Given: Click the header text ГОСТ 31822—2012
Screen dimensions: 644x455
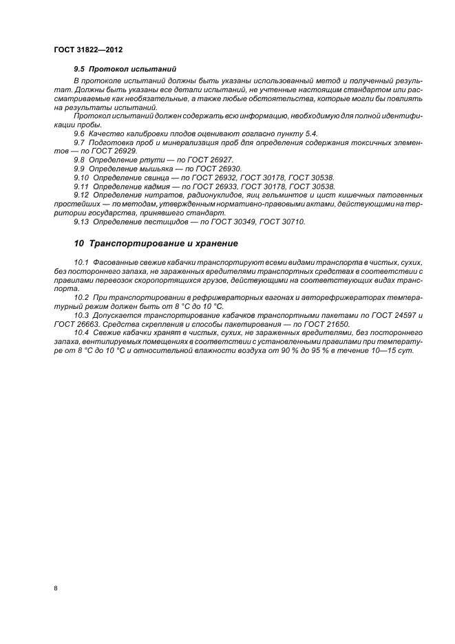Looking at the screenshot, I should click(88, 50).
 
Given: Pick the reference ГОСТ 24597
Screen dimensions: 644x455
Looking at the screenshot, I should click(393, 315).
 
